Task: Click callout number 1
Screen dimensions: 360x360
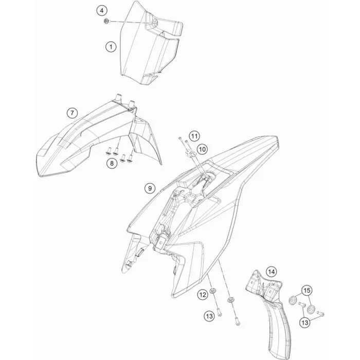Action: click(x=111, y=47)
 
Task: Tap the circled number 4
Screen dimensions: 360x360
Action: click(x=102, y=11)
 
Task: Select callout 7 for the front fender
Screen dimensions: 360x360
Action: click(x=72, y=113)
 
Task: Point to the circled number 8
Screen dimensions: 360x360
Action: click(x=112, y=164)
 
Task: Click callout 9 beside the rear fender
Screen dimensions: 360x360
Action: click(x=150, y=189)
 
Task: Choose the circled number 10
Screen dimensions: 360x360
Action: click(x=202, y=150)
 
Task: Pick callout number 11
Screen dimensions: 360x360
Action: click(x=194, y=136)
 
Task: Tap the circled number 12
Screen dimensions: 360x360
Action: click(x=203, y=294)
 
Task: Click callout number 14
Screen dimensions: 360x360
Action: click(x=272, y=272)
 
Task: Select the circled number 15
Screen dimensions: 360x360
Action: click(x=307, y=291)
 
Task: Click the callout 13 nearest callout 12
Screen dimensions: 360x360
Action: click(x=209, y=316)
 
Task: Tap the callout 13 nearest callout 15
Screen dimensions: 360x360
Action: click(x=305, y=323)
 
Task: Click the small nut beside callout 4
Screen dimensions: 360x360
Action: click(x=106, y=22)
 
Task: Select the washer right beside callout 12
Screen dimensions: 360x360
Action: click(x=212, y=291)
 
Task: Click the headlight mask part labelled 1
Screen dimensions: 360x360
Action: click(x=149, y=44)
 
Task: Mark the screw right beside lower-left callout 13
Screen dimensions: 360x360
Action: click(x=219, y=313)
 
